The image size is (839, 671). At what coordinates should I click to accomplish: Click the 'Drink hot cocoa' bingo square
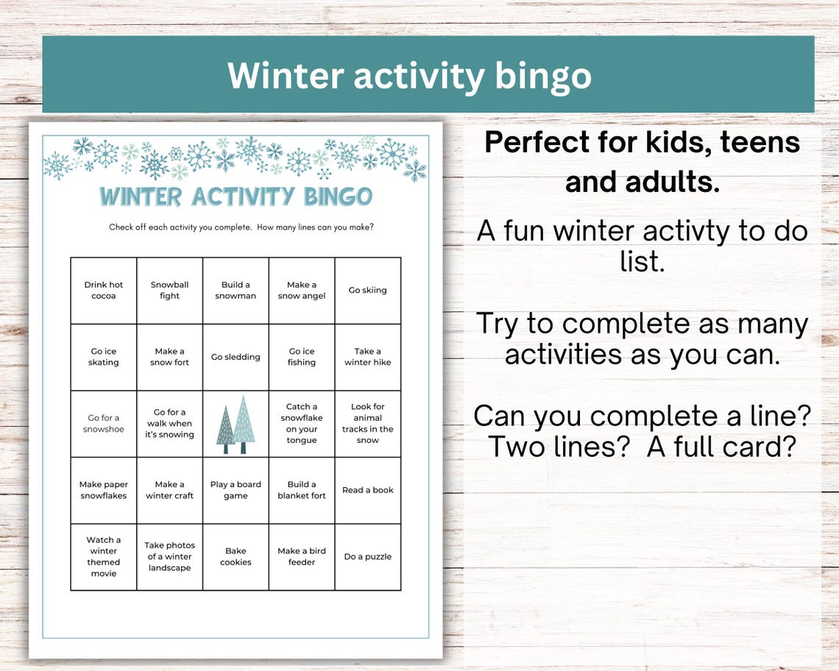[104, 291]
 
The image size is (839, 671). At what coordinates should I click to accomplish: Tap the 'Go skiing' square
[368, 291]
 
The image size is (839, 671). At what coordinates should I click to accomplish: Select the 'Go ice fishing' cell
[302, 357]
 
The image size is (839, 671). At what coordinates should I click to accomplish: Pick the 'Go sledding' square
[236, 357]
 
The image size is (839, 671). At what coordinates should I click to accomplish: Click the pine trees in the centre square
[236, 425]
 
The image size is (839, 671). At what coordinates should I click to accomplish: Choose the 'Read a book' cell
[368, 490]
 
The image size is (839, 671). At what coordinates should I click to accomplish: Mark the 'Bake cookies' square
[236, 557]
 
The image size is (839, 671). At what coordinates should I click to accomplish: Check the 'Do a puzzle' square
[368, 557]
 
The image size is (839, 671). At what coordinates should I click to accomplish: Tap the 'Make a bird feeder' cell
[302, 557]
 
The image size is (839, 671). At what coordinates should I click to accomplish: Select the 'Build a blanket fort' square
[302, 490]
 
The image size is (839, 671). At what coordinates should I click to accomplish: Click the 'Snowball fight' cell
[170, 291]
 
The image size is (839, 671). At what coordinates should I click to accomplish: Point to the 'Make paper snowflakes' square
[104, 490]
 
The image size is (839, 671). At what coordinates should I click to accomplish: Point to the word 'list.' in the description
[642, 260]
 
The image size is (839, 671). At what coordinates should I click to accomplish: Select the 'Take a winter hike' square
[368, 357]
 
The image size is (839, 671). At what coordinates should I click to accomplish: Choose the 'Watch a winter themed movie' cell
[104, 557]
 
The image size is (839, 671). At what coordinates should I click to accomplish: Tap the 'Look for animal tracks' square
[368, 424]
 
